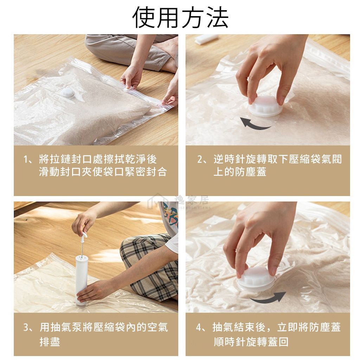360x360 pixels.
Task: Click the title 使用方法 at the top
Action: (180, 17)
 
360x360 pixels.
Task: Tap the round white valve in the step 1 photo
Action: (68, 92)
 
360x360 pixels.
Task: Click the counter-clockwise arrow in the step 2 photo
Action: (255, 123)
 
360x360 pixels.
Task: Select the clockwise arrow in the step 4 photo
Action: (268, 297)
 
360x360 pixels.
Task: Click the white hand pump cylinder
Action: (81, 280)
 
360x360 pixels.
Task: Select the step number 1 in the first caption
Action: (26, 159)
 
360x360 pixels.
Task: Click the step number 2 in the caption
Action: (200, 159)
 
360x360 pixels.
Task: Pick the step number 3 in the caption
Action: (26, 327)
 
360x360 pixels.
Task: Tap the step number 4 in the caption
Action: (199, 327)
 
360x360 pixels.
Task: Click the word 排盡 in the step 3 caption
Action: (50, 342)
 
